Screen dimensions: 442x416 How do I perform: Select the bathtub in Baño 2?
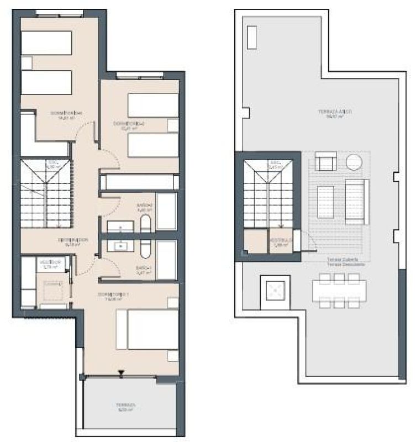click(x=166, y=212)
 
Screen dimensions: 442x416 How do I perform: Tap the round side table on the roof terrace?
click(x=353, y=162)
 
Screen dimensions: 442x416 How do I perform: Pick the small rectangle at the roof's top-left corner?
click(x=252, y=37)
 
